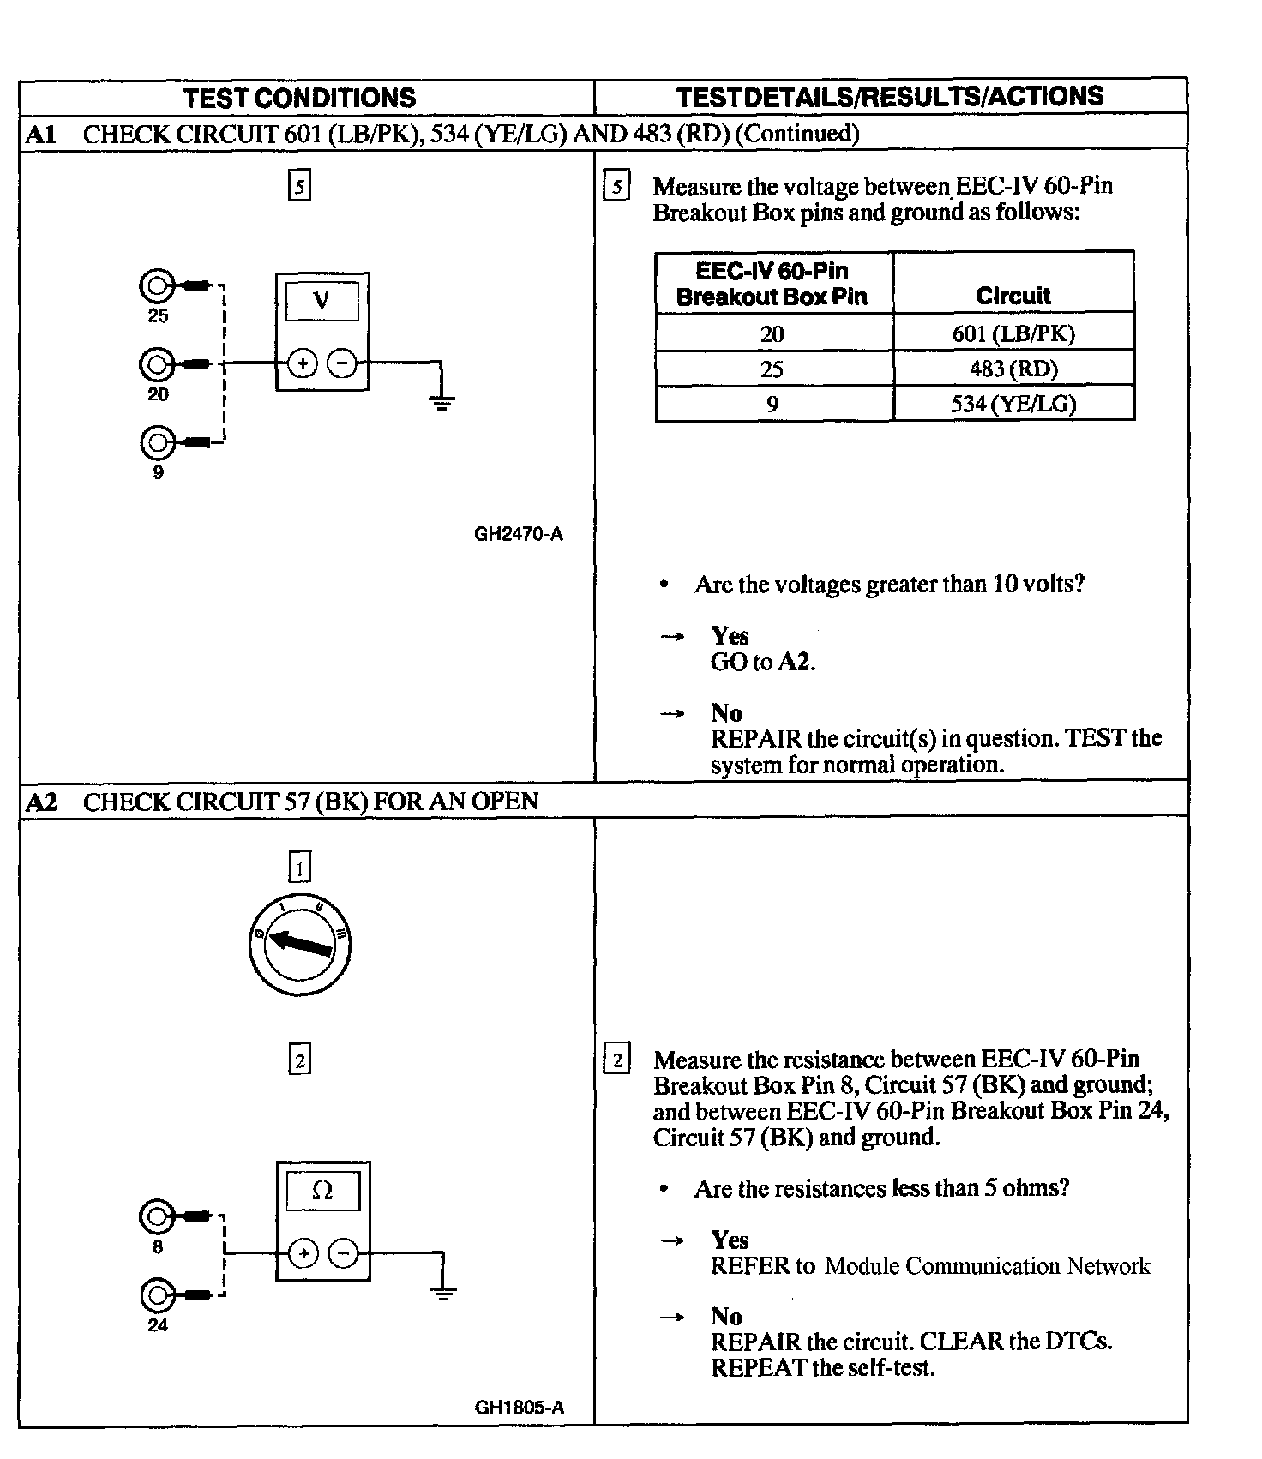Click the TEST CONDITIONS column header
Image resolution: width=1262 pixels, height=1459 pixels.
click(299, 98)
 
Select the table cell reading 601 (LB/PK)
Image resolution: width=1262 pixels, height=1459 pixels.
click(1013, 333)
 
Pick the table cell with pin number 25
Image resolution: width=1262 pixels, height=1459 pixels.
click(772, 369)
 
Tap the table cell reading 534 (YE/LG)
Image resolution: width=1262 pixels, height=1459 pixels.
click(1013, 404)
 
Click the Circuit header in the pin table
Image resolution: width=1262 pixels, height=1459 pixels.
click(1013, 296)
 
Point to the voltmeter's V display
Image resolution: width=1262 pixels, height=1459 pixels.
click(322, 302)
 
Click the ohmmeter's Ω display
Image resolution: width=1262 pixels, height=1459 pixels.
click(322, 1191)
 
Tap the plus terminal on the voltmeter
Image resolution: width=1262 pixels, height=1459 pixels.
click(302, 363)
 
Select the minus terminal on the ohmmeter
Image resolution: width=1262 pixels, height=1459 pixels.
click(343, 1254)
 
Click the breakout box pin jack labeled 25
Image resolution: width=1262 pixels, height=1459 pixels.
click(157, 285)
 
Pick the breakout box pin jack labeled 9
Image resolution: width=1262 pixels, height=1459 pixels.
click(157, 442)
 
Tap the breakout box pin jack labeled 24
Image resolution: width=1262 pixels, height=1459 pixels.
click(157, 1294)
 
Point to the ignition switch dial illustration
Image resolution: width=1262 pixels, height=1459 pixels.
click(299, 944)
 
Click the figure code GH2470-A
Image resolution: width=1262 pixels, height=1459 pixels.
click(518, 534)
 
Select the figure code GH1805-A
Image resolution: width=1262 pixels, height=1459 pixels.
click(519, 1407)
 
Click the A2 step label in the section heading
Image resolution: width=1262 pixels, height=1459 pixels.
click(41, 802)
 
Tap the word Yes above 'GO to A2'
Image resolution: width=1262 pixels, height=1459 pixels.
click(730, 635)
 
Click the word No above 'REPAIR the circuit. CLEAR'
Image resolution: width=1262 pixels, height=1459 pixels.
click(726, 1316)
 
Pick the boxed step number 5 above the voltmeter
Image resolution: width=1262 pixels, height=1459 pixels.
click(299, 186)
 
